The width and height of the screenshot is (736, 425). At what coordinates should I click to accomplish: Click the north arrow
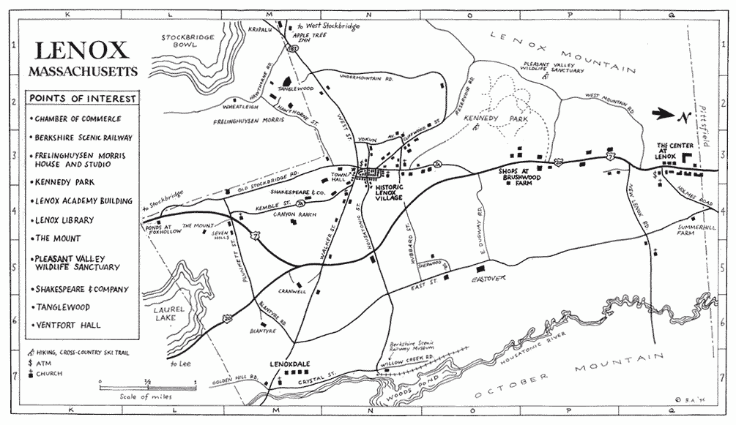[x=669, y=114]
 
